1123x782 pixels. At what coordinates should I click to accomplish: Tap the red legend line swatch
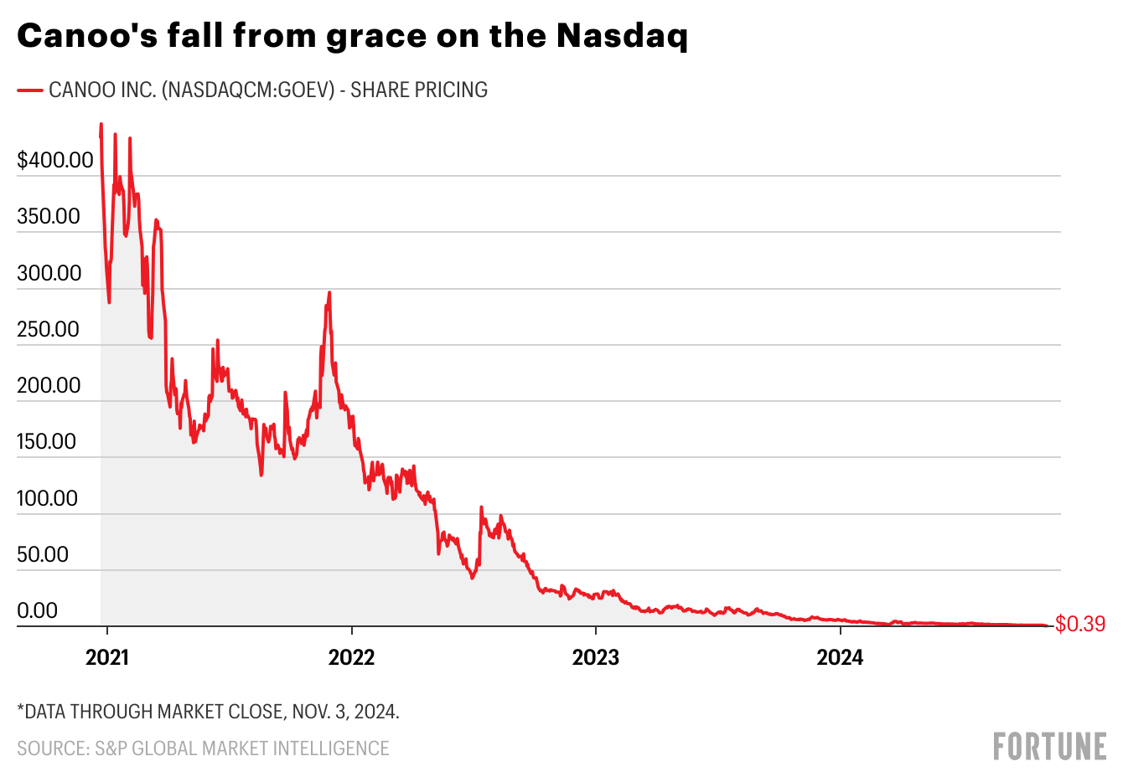tap(30, 90)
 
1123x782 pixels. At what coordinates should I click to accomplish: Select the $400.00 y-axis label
tap(55, 160)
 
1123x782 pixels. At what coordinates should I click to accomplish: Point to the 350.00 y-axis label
tap(49, 216)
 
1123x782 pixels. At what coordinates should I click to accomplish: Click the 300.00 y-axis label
tap(49, 273)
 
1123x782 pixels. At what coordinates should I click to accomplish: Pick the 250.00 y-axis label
tap(49, 329)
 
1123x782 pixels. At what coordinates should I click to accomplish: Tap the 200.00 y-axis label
tap(49, 385)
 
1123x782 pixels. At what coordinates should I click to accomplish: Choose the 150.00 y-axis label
tap(49, 441)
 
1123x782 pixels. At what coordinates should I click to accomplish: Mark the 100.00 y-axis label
tap(49, 498)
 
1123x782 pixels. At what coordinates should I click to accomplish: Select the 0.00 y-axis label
tap(39, 610)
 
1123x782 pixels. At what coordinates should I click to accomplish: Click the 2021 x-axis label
tap(107, 657)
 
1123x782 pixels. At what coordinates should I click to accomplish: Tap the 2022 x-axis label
tap(351, 657)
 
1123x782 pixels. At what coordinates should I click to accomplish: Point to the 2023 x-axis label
tap(595, 657)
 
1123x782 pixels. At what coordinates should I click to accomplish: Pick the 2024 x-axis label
tap(840, 657)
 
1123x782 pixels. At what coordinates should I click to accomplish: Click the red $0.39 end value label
tap(1080, 624)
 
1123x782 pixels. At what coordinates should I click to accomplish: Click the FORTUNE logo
tap(1049, 746)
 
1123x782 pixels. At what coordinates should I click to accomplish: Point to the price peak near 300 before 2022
tap(329, 293)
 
